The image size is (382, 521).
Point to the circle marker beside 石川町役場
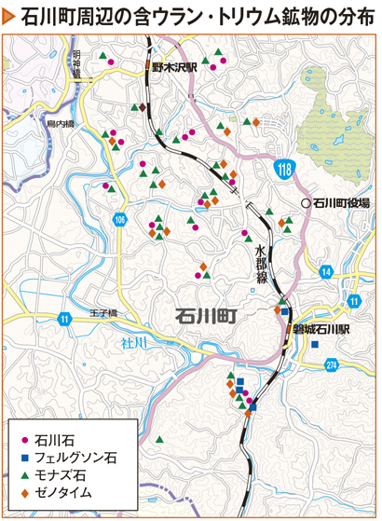[305, 201]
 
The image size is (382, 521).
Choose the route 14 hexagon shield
[325, 272]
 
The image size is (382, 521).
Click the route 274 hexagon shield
[332, 367]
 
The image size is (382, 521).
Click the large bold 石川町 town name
[205, 317]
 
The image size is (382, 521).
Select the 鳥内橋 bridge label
[59, 122]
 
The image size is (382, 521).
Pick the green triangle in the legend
[22, 474]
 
